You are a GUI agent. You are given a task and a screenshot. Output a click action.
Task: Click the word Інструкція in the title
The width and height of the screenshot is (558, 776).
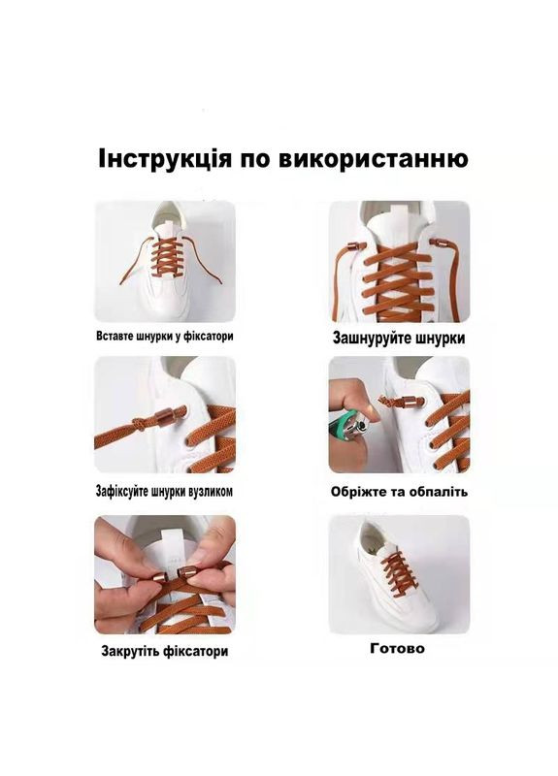(x=164, y=159)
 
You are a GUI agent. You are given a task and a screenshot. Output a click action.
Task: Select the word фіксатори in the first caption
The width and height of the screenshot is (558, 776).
(x=209, y=337)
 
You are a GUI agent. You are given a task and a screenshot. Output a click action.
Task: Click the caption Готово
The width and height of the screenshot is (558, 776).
(x=397, y=648)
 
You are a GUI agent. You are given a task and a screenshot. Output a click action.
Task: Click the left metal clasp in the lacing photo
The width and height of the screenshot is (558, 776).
(x=356, y=247)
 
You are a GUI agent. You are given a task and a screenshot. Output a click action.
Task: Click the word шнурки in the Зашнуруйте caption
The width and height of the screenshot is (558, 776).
(x=441, y=339)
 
